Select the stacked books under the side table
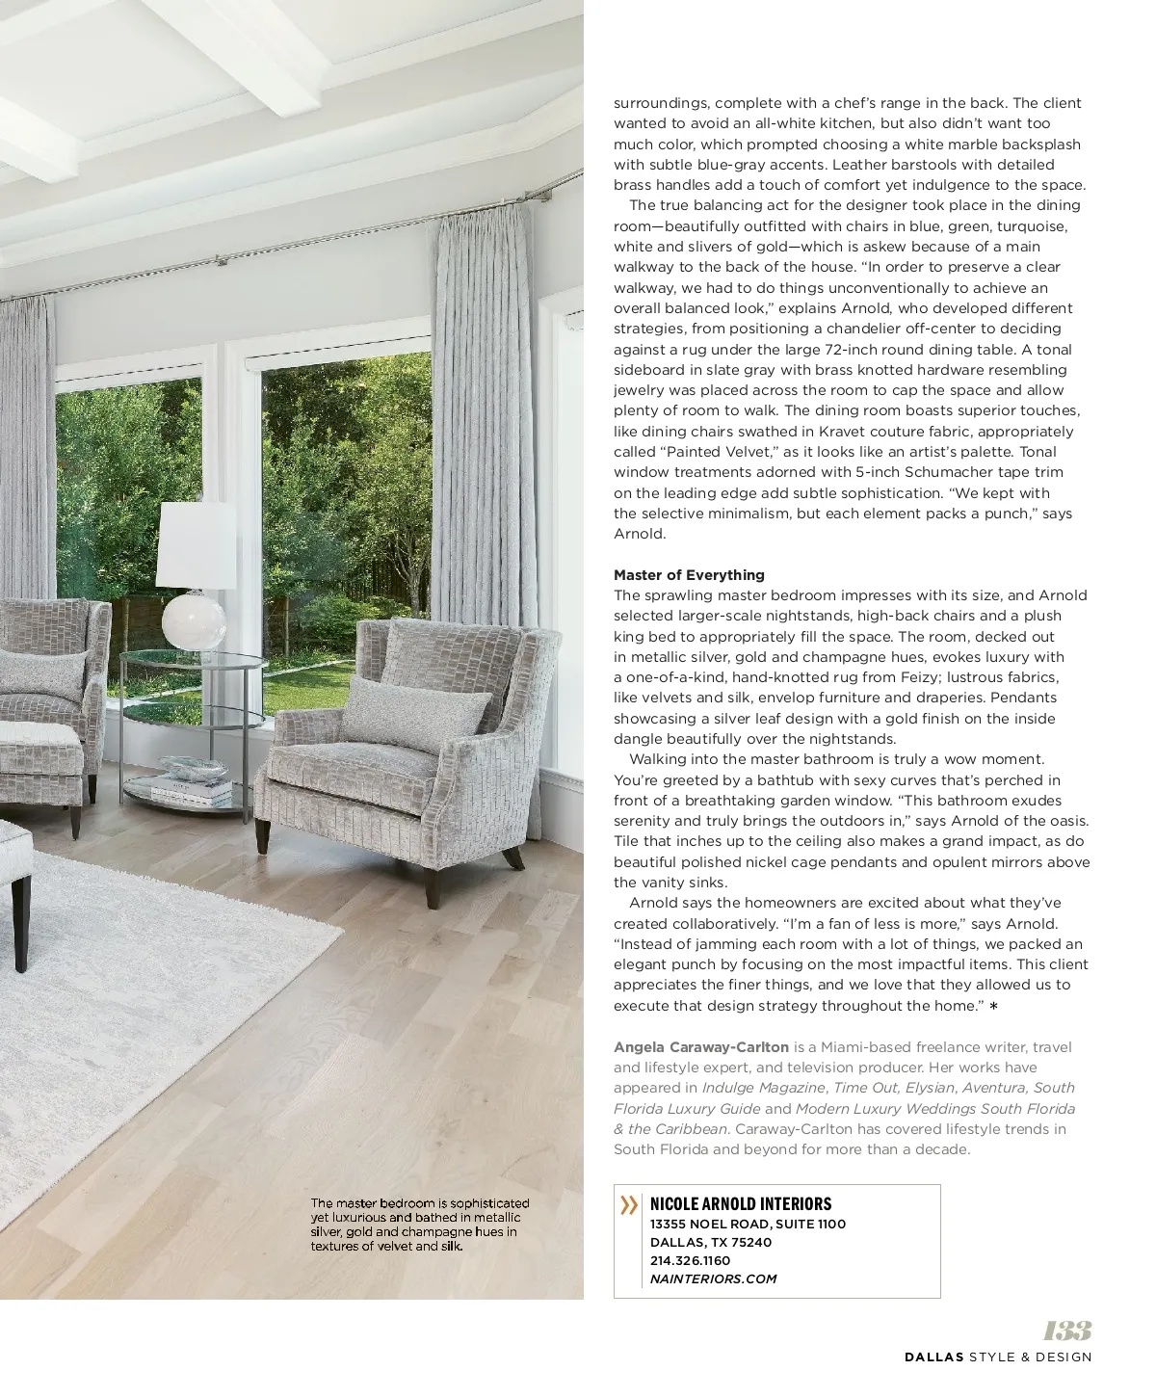(194, 789)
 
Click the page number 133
(1067, 1331)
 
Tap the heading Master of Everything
(689, 575)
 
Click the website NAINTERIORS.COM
(713, 1278)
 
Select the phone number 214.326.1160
(690, 1260)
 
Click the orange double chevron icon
(629, 1205)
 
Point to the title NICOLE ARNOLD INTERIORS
(741, 1204)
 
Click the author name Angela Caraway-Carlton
(701, 1046)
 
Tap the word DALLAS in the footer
(934, 1357)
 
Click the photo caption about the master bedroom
(419, 1225)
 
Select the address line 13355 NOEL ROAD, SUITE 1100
(748, 1224)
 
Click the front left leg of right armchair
(433, 880)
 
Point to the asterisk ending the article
(993, 1007)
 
